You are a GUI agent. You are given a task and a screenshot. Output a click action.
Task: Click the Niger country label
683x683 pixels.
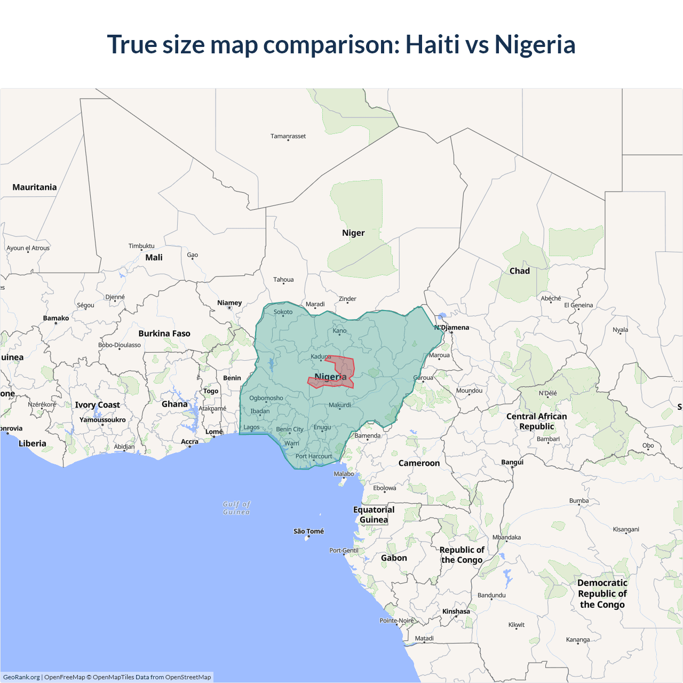coord(353,233)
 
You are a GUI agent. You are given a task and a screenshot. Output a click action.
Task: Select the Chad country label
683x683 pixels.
coord(519,271)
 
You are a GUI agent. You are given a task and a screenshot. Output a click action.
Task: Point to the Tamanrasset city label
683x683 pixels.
coord(288,136)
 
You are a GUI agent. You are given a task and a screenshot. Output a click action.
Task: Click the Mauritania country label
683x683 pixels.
coord(35,187)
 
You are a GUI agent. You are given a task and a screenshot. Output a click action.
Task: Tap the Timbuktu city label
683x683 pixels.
coord(141,246)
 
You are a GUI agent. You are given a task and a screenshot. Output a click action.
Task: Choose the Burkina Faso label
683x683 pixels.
coord(164,333)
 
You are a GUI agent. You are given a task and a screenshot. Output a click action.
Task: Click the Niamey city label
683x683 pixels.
coord(229,303)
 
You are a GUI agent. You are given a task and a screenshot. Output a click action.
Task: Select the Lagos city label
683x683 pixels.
coord(251,427)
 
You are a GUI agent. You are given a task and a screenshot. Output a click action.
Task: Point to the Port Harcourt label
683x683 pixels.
coord(314,456)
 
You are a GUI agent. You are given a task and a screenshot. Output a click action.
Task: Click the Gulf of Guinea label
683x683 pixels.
coord(236,508)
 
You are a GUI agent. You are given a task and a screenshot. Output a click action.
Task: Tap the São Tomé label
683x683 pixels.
coord(308,531)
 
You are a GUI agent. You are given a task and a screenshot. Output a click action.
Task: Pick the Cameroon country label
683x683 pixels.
coord(419,463)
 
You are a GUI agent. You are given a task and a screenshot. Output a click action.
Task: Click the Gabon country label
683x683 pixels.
coord(394,558)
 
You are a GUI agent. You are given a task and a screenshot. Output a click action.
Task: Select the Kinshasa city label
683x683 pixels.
coord(456,611)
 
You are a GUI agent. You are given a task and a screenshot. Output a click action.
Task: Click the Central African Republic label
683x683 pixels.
coord(537,421)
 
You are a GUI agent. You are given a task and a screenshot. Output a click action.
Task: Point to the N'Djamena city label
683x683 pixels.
coord(452,327)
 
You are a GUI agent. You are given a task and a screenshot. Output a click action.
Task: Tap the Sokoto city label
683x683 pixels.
coord(283,312)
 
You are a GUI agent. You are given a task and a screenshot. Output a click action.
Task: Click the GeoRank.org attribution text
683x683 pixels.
coord(21,677)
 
